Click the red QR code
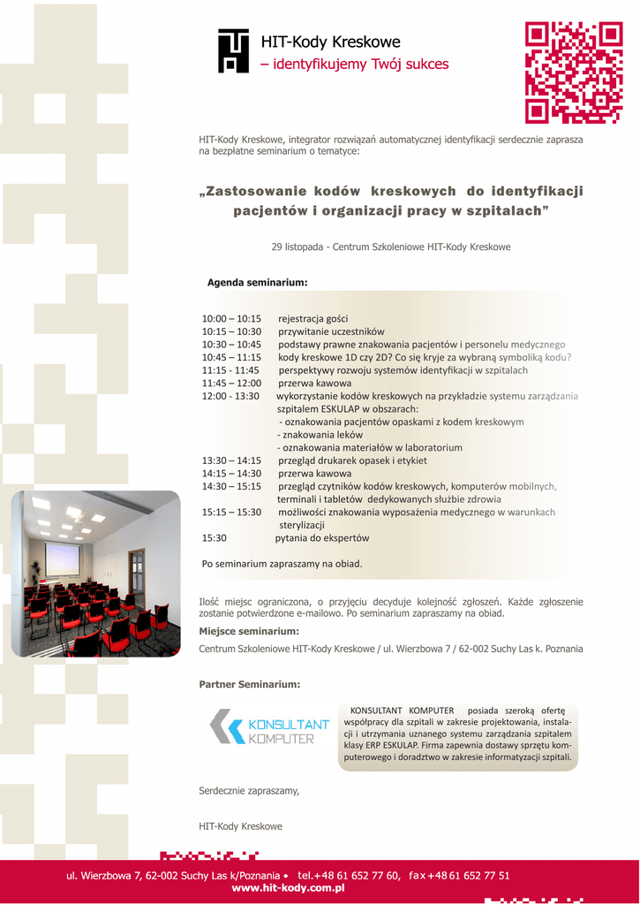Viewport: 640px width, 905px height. point(574,72)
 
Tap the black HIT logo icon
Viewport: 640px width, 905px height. point(233,49)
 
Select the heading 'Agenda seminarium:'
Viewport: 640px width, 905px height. point(257,283)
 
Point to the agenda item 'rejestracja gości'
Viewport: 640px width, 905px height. point(313,318)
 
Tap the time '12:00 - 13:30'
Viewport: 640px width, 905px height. point(230,396)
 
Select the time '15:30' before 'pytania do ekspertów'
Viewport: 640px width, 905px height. point(215,537)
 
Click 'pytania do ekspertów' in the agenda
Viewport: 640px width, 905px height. point(322,537)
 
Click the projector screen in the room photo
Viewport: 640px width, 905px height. point(63,558)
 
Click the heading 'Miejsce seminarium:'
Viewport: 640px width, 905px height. point(249,631)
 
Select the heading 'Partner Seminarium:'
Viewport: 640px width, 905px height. point(250,684)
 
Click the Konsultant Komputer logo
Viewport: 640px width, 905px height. point(268,726)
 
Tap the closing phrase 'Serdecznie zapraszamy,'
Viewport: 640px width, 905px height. point(249,791)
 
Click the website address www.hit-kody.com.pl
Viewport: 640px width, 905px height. point(288,888)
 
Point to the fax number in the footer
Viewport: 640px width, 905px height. point(459,875)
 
